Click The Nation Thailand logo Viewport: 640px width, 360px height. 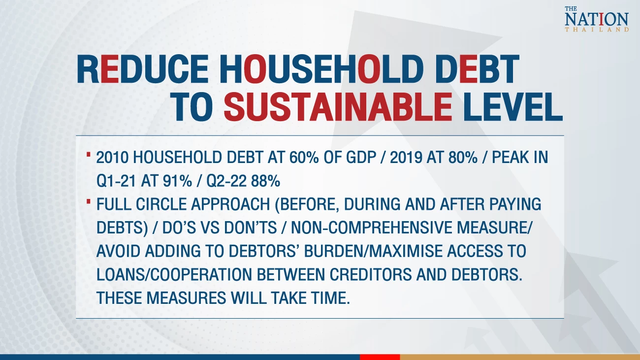click(x=597, y=19)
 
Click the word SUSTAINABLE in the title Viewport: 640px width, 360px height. click(x=338, y=107)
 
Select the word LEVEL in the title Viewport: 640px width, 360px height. click(x=513, y=107)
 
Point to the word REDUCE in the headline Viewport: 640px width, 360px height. click(x=142, y=69)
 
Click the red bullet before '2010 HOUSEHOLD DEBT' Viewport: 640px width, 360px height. click(x=89, y=155)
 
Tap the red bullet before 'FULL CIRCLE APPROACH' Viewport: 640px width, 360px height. click(x=89, y=202)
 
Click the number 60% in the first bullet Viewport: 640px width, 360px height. click(x=304, y=158)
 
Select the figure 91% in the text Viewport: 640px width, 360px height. click(x=177, y=181)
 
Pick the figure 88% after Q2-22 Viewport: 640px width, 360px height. click(x=265, y=181)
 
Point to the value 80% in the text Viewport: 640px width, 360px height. click(x=463, y=158)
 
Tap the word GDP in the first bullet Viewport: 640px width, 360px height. click(x=361, y=158)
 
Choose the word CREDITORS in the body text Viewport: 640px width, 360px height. click(x=371, y=275)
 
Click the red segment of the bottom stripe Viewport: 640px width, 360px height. click(x=380, y=357)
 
